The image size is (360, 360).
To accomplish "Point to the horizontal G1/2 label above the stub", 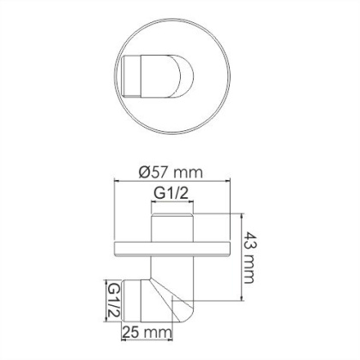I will pyautogui.click(x=171, y=195).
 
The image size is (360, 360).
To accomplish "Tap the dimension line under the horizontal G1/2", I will pyautogui.click(x=171, y=206).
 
